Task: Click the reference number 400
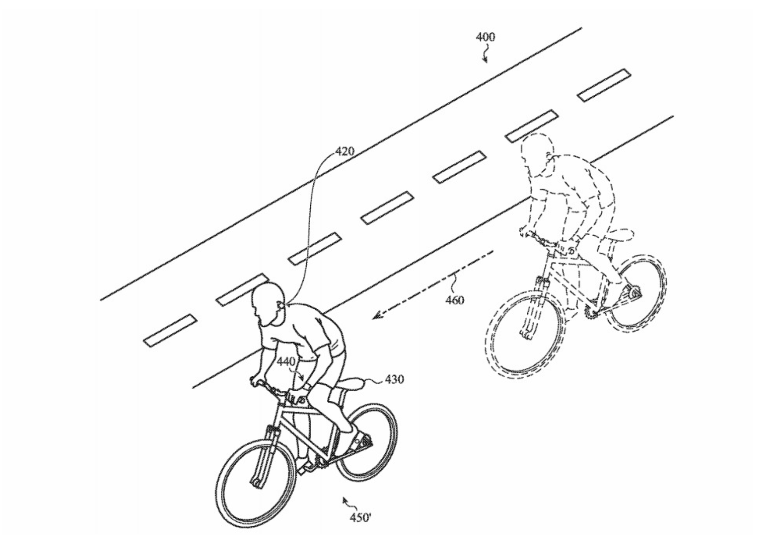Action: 485,37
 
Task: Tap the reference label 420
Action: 344,152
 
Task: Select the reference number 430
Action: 394,379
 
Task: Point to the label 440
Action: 285,362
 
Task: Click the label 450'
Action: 361,518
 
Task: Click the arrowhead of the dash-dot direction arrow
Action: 375,316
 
